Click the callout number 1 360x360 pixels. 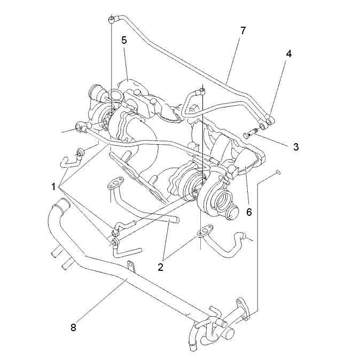(x=53, y=187)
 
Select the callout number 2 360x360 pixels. (x=160, y=267)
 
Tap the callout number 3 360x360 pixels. (x=296, y=147)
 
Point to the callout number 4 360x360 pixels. (x=288, y=53)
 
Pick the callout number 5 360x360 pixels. (x=124, y=40)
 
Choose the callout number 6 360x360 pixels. (x=249, y=212)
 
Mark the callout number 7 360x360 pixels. (x=243, y=30)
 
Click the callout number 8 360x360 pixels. (x=73, y=327)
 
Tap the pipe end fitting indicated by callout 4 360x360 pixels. (x=270, y=120)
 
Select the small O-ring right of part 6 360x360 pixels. (x=278, y=172)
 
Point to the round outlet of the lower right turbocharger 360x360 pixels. (x=232, y=212)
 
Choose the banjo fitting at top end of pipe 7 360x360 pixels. (x=112, y=19)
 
